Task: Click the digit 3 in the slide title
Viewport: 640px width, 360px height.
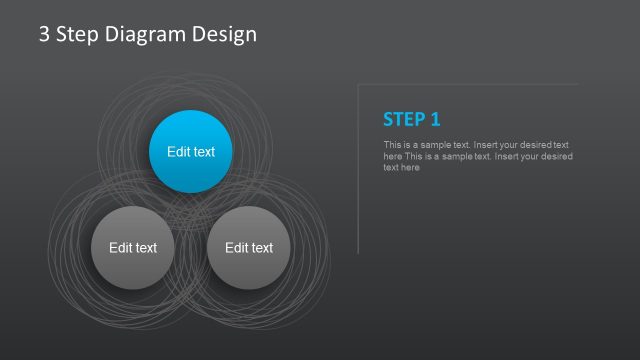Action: (45, 34)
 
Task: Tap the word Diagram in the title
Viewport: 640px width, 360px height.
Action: (147, 34)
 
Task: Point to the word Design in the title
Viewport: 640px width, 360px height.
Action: (224, 34)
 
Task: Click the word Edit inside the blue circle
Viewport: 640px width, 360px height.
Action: (178, 152)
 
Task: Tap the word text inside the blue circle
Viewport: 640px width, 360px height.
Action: (204, 152)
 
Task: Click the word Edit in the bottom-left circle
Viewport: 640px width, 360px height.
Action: (120, 248)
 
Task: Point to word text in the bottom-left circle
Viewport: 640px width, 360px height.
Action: (146, 248)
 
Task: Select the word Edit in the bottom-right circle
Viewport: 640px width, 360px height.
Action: (236, 248)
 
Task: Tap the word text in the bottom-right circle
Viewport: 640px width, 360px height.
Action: (262, 248)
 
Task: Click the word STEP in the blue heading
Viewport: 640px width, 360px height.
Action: (404, 120)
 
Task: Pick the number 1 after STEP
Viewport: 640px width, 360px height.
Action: (435, 120)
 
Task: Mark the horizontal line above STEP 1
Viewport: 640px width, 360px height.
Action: (470, 84)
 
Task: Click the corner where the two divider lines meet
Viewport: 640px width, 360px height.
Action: (358, 84)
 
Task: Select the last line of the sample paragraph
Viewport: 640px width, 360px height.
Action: (401, 168)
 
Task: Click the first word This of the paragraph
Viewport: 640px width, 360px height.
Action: (391, 145)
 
